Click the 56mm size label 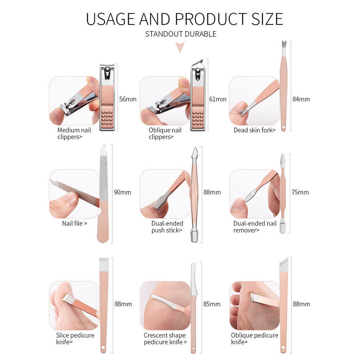click(x=128, y=99)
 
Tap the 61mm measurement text click(x=218, y=99)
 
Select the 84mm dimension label click(x=301, y=99)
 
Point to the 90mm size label click(x=122, y=192)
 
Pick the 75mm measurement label click(x=300, y=192)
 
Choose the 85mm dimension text click(x=212, y=304)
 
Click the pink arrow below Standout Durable click(x=180, y=48)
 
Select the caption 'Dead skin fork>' click(x=255, y=130)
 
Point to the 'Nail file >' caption click(x=75, y=224)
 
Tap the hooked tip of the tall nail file click(x=104, y=148)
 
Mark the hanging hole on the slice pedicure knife click(x=103, y=347)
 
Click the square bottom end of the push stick click(x=194, y=237)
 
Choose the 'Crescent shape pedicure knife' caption click(x=165, y=339)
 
